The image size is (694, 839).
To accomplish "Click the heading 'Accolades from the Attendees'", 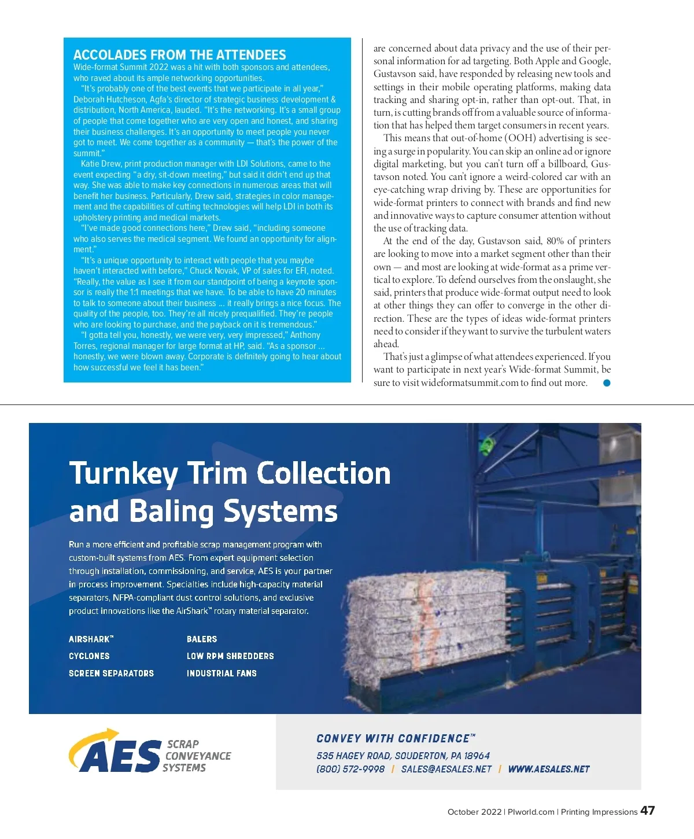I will click(x=179, y=55).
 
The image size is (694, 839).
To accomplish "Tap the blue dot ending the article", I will click(x=607, y=382).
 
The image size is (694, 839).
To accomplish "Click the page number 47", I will click(x=647, y=810).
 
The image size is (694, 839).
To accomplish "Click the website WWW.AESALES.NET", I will click(x=548, y=769).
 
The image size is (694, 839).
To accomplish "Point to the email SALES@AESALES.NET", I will click(x=446, y=769).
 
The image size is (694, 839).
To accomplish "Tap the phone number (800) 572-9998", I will click(x=350, y=769).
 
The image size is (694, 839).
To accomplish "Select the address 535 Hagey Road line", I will click(x=403, y=756).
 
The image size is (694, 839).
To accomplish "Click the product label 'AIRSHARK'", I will click(x=91, y=639).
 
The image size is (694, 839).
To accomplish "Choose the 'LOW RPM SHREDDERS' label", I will click(x=230, y=656).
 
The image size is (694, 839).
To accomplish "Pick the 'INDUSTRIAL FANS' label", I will click(x=222, y=674).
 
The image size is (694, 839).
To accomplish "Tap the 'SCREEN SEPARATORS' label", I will click(x=111, y=674).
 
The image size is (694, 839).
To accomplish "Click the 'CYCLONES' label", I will click(x=89, y=656).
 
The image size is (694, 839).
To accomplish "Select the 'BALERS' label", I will click(x=202, y=639).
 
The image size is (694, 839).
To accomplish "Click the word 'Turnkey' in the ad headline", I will click(x=123, y=473).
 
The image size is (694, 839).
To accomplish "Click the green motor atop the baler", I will click(x=489, y=446).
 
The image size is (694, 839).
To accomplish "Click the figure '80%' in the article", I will click(x=555, y=241).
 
